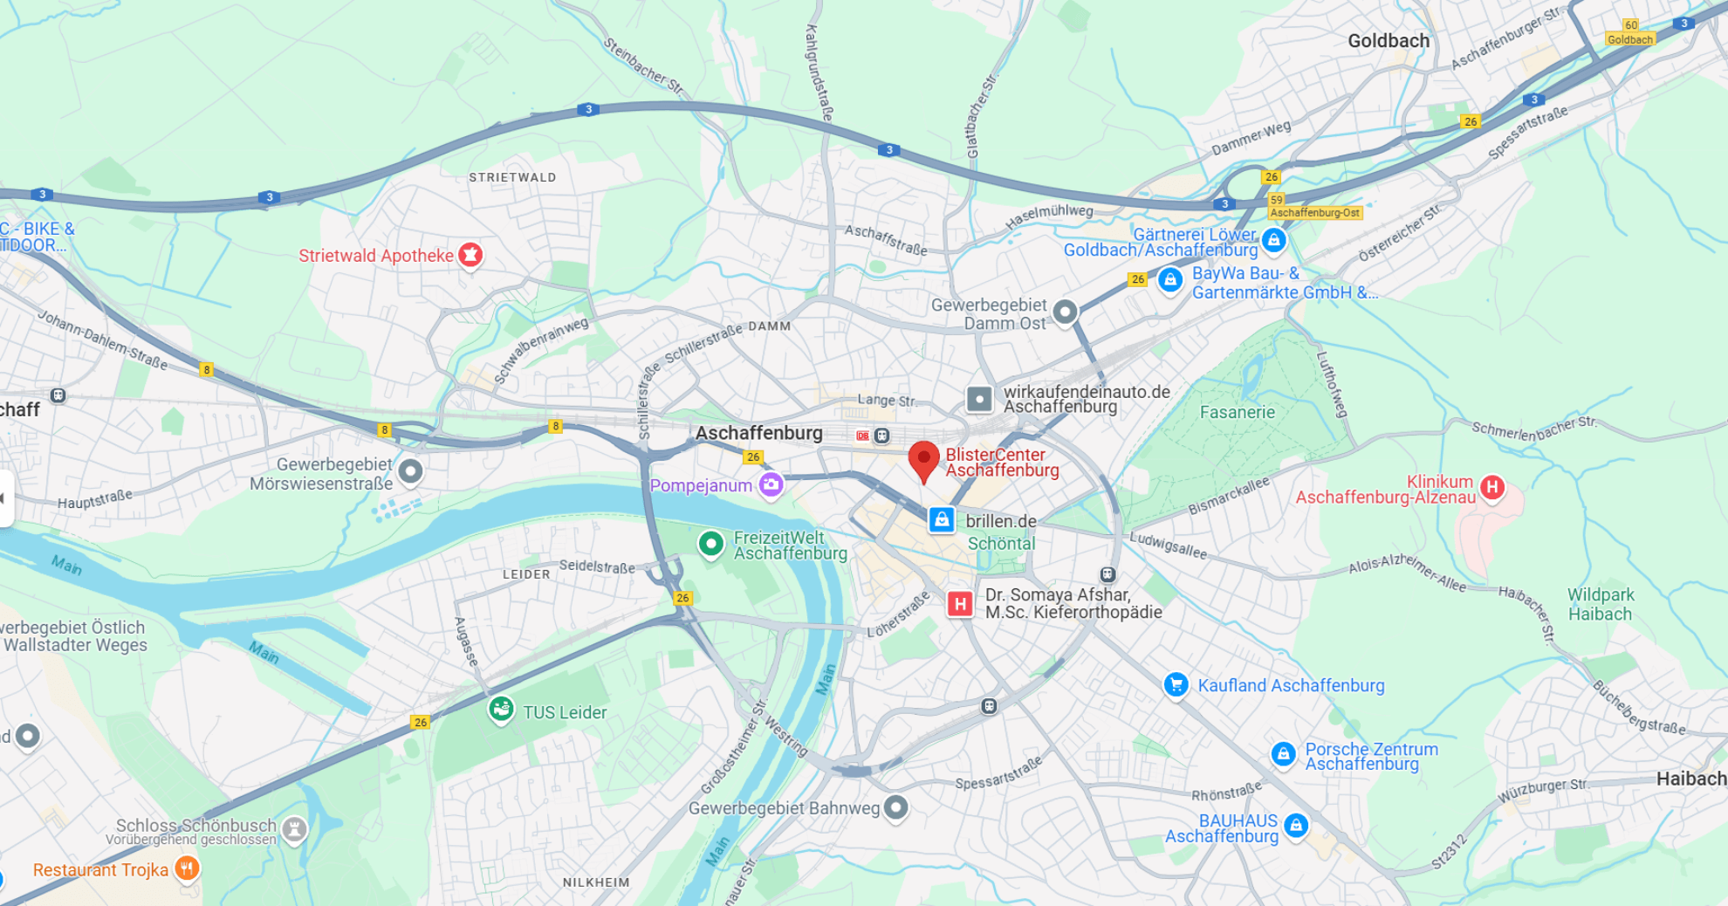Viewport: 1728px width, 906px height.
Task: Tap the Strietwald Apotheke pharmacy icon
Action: click(x=470, y=255)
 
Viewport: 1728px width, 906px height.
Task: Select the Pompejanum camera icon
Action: click(x=771, y=484)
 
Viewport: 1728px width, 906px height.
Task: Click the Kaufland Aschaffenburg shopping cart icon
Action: click(x=1176, y=685)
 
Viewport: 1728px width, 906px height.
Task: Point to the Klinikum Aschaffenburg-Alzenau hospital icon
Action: click(x=1491, y=487)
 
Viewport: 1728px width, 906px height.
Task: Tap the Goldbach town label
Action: click(x=1388, y=41)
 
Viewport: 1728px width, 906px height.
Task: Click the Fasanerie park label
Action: click(x=1237, y=412)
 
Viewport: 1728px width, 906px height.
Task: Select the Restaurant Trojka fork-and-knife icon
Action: click(x=187, y=868)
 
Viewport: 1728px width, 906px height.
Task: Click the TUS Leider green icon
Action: click(x=501, y=710)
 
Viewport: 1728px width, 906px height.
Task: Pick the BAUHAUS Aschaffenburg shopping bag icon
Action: click(x=1296, y=825)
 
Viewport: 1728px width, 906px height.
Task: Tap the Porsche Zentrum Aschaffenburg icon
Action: click(x=1283, y=754)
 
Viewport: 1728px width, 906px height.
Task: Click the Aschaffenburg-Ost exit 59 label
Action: click(x=1314, y=212)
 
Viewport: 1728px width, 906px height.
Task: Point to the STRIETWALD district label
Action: click(x=512, y=177)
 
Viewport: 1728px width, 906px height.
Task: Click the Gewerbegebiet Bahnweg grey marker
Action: click(x=895, y=807)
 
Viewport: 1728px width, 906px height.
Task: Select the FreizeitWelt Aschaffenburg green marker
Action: click(x=711, y=545)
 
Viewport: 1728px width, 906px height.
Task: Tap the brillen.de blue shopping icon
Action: click(x=941, y=520)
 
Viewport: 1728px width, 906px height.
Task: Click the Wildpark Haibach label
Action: click(x=1600, y=604)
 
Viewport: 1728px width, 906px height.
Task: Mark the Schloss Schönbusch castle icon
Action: click(x=295, y=828)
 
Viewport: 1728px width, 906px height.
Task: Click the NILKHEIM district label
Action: click(x=596, y=882)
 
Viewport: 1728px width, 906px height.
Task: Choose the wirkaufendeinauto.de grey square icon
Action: click(x=979, y=400)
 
